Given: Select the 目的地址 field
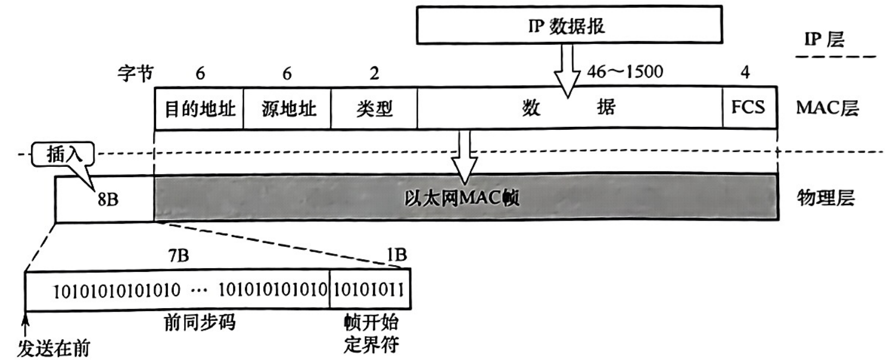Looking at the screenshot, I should click(199, 109).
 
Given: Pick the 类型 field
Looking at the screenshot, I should click(375, 109).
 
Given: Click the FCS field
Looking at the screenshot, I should click(749, 109).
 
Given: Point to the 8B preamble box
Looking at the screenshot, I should click(105, 198).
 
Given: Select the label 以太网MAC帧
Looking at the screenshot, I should click(461, 198).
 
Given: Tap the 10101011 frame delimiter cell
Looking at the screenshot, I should click(369, 290).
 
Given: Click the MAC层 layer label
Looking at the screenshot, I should click(827, 109).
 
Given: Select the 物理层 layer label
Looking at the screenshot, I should click(825, 198).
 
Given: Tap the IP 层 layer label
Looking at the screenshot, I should click(824, 40).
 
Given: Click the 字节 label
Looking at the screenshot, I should click(136, 73).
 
